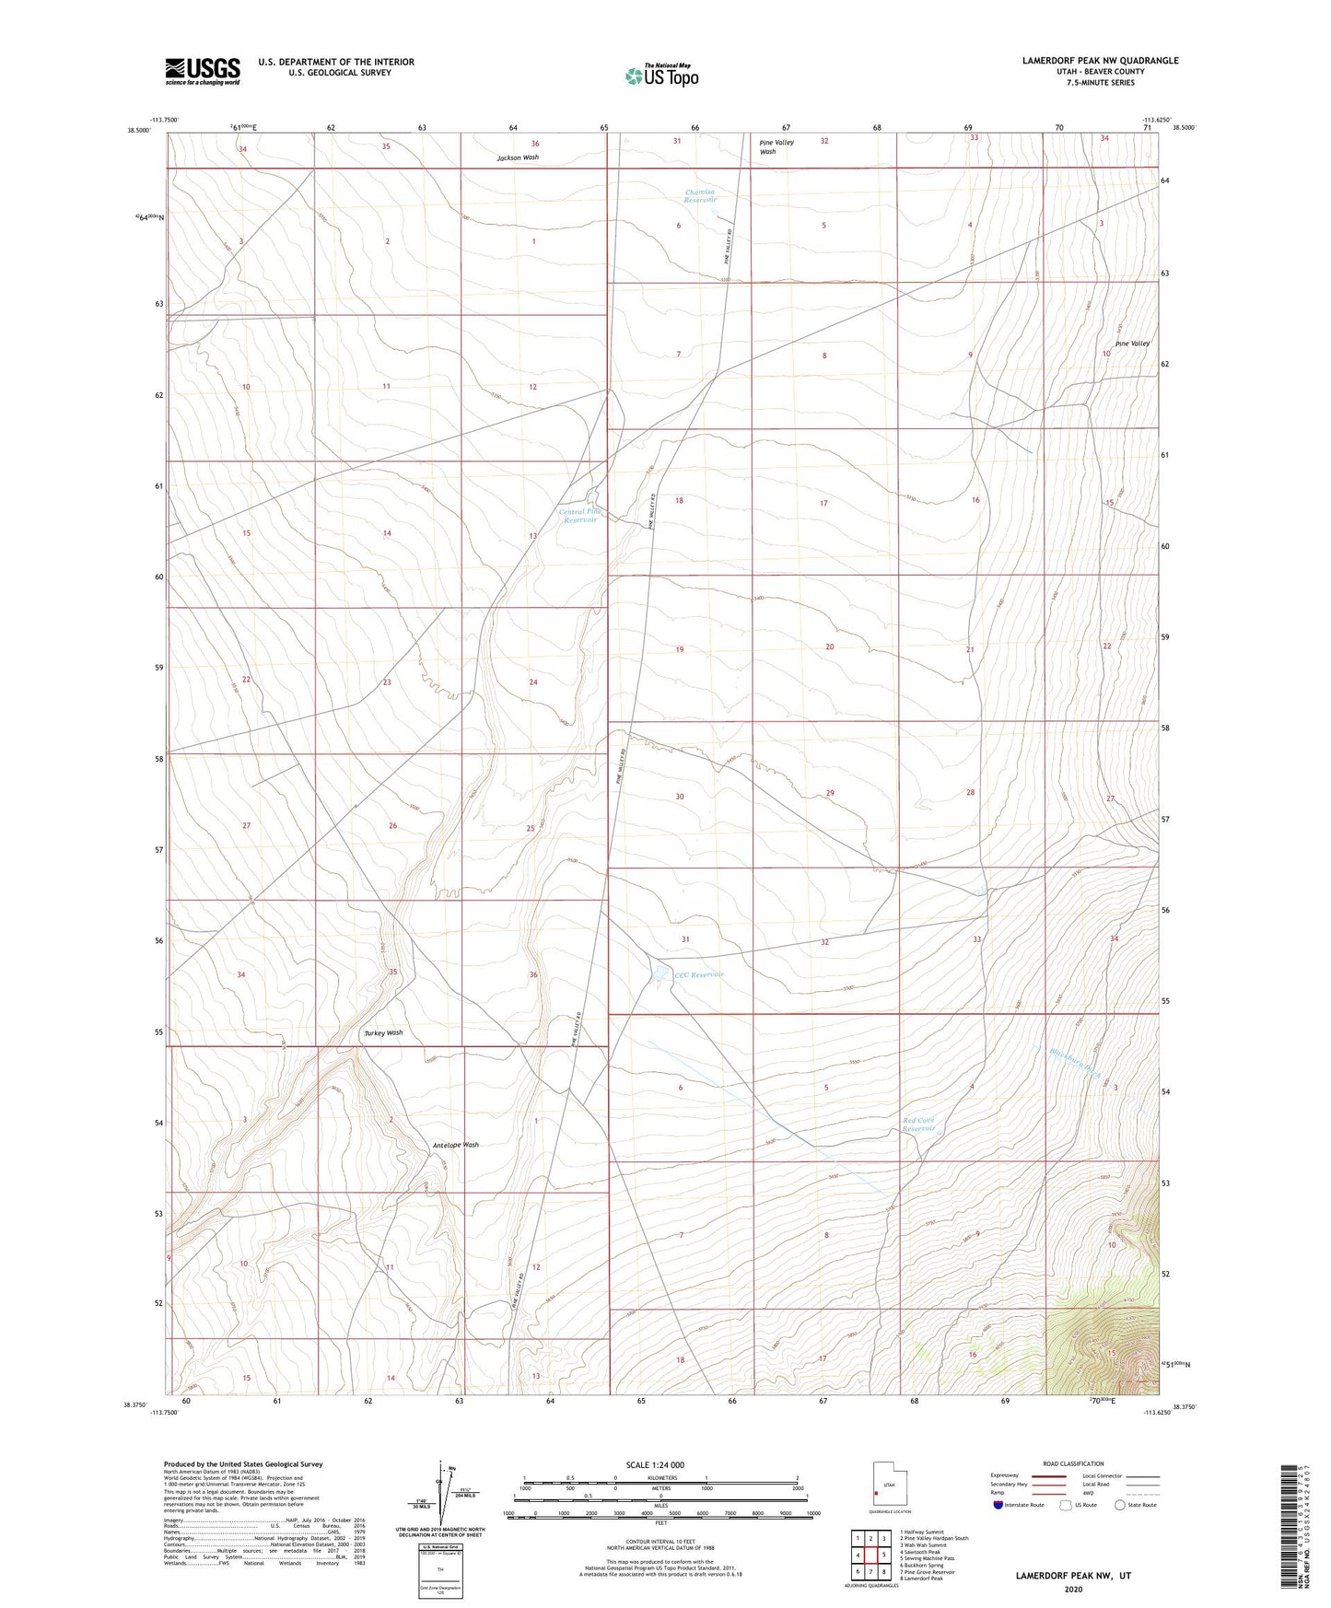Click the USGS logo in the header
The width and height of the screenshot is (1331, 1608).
coord(203,70)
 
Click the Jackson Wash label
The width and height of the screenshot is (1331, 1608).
coord(518,157)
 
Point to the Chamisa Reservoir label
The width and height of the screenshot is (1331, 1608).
coord(700,196)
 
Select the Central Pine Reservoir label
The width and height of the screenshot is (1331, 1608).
coord(579,516)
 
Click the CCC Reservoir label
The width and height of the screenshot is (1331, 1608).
coord(699,974)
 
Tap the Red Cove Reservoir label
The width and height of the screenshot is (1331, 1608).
coord(919,1124)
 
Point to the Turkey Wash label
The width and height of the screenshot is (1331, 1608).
coord(383,1033)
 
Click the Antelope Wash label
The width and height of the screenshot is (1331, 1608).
coord(455,1145)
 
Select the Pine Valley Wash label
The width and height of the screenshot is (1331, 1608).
coord(776,146)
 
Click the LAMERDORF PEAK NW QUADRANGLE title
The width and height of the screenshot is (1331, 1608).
coord(1100,61)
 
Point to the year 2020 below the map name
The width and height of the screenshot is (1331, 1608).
coord(1073,1589)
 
